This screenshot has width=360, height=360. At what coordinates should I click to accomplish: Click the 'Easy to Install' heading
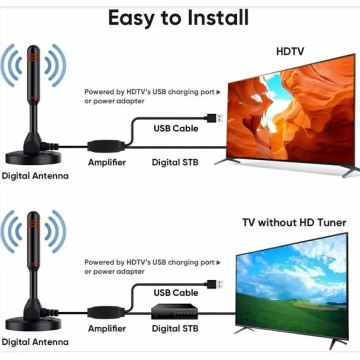point(178,18)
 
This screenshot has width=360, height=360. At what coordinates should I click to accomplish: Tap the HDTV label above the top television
point(290,51)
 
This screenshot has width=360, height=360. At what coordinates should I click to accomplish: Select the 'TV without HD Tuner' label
point(294,222)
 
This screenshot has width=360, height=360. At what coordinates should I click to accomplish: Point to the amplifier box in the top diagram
point(106,146)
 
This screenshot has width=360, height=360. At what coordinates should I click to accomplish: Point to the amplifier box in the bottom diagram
point(106,312)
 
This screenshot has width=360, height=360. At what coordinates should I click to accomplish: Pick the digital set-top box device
point(175,311)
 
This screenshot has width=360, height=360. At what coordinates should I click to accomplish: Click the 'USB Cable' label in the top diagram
point(176,128)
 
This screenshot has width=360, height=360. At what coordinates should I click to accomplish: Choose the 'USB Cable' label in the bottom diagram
point(176,293)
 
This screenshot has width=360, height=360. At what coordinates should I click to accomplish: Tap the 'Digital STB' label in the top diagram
point(175,162)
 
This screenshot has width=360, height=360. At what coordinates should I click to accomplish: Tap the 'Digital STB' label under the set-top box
point(175,328)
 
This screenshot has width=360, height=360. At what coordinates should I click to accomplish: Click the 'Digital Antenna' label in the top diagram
point(35,176)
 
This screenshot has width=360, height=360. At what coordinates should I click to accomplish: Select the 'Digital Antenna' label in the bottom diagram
point(35,342)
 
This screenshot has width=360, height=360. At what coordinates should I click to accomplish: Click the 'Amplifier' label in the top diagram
point(107,162)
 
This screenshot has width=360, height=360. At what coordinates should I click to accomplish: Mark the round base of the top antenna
point(33,158)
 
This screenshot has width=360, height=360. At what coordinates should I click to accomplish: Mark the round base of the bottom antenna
point(33,324)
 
